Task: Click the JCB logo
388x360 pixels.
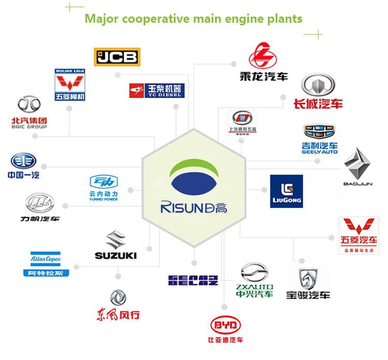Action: tap(117, 56)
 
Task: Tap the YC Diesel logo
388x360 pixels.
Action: tap(157, 91)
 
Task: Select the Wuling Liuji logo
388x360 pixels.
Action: tap(70, 84)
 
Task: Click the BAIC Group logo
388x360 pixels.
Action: tap(29, 113)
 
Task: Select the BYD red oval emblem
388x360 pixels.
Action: tap(226, 325)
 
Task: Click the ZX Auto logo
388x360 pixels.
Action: tap(255, 280)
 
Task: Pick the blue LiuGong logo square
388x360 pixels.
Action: tap(286, 191)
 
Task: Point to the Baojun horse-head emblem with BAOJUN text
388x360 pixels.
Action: tap(357, 167)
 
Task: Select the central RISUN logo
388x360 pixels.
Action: tap(194, 188)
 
